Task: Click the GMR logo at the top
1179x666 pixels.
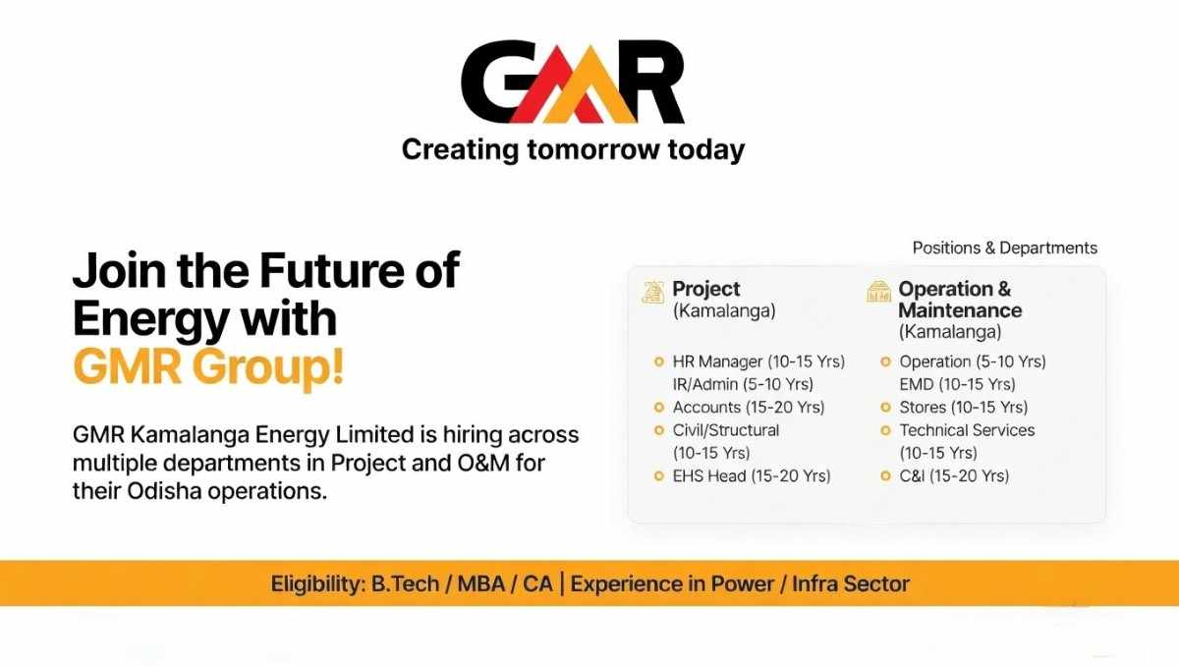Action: click(573, 81)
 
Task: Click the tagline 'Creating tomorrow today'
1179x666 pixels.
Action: click(573, 150)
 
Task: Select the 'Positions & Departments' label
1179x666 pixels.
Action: click(1004, 248)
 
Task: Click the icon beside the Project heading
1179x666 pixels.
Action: click(651, 291)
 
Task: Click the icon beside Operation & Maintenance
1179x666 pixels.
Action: click(878, 291)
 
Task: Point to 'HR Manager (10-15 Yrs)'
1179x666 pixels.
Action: click(758, 361)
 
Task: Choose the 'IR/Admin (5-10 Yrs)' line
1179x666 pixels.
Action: click(743, 384)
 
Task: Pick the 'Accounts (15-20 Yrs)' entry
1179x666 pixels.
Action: click(749, 407)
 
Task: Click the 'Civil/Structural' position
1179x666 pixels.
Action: click(726, 430)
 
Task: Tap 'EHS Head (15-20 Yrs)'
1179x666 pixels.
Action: click(752, 476)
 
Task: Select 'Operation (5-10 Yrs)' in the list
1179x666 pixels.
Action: click(973, 361)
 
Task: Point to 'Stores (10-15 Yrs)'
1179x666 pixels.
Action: click(963, 407)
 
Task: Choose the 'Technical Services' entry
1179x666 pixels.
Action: click(967, 430)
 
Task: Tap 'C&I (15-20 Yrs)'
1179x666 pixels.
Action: click(954, 476)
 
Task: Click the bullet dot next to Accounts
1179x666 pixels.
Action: click(659, 408)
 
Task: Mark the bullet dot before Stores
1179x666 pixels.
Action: click(886, 408)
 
